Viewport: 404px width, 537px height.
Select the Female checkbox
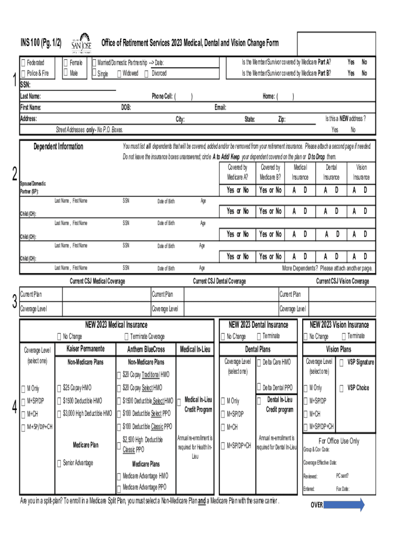coord(65,63)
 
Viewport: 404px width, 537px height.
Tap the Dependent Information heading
coord(58,146)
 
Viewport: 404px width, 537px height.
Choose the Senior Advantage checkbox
coord(59,463)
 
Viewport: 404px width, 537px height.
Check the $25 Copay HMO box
coord(59,389)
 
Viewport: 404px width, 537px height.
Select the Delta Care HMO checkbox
coord(259,362)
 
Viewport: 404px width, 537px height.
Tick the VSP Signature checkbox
coord(342,362)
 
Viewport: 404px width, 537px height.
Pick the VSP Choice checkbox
coord(342,388)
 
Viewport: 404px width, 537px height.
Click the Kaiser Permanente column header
coord(86,349)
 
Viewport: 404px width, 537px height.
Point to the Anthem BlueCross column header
coord(146,349)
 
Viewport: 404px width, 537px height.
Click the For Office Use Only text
coord(339,441)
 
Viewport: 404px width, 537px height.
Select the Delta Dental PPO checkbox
coord(259,388)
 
